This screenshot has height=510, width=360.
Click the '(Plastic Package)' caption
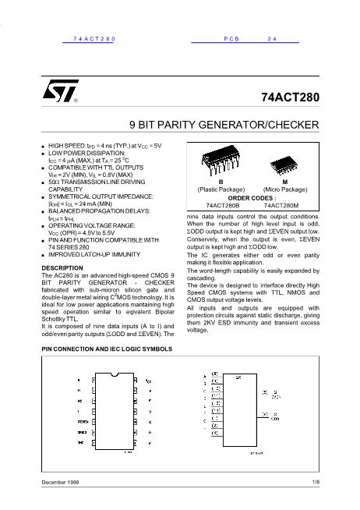point(221,189)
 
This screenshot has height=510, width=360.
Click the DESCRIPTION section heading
point(62,267)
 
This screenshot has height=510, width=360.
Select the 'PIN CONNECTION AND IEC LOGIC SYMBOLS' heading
point(107,349)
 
